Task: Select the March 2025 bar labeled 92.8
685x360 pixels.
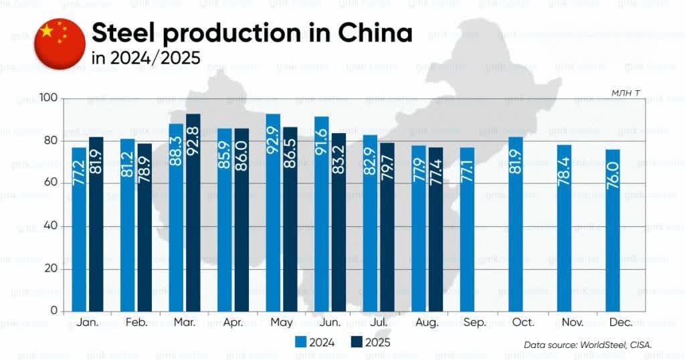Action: (x=193, y=213)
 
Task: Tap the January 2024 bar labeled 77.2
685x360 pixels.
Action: (x=79, y=229)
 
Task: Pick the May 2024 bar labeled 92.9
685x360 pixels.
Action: (x=273, y=213)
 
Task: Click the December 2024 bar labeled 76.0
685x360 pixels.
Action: (x=613, y=230)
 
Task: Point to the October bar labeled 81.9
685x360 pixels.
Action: (x=516, y=224)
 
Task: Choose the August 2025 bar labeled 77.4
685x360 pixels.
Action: (x=435, y=229)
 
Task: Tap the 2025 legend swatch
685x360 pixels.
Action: (x=355, y=342)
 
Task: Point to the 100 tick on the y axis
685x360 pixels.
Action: (x=50, y=99)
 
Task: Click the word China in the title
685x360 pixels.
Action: (x=374, y=33)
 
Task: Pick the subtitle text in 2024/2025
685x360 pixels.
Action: (x=145, y=58)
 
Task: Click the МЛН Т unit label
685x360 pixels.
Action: (x=629, y=92)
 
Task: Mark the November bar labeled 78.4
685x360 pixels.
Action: (x=564, y=228)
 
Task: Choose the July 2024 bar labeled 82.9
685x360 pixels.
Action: (x=370, y=223)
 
